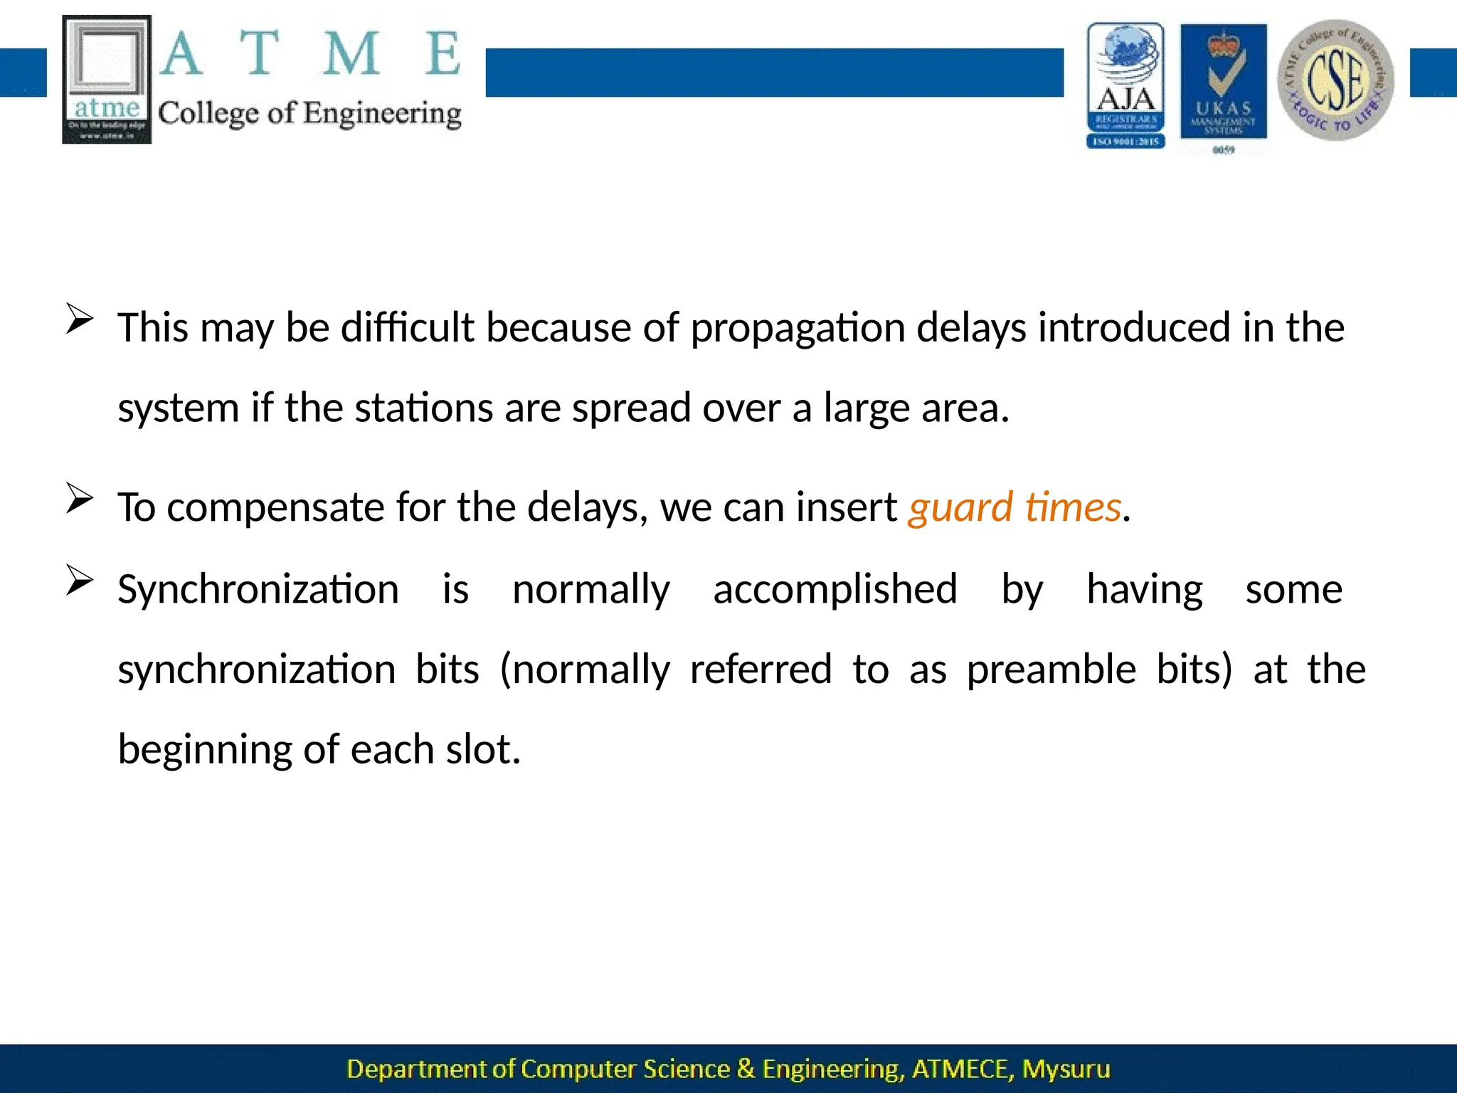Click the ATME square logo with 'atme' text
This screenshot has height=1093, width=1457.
point(107,79)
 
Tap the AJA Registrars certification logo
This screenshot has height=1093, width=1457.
point(1125,85)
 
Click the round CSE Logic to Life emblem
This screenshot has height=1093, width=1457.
point(1335,80)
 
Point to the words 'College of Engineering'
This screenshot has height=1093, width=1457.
point(309,114)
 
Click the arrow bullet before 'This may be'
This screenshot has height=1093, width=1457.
point(80,320)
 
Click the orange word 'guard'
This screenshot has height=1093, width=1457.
point(960,508)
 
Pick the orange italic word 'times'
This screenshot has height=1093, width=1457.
point(1073,508)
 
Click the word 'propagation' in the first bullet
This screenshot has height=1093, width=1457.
point(797,329)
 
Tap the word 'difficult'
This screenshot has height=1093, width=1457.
point(407,327)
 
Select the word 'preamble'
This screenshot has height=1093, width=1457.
point(1051,670)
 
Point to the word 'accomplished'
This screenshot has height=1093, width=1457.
point(835,590)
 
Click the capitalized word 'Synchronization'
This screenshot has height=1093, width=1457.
point(258,590)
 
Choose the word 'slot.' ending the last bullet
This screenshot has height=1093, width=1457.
point(483,750)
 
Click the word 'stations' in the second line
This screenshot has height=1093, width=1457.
point(423,408)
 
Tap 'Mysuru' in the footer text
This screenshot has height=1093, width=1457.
point(1066,1069)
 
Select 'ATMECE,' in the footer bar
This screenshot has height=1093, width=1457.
point(962,1069)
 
